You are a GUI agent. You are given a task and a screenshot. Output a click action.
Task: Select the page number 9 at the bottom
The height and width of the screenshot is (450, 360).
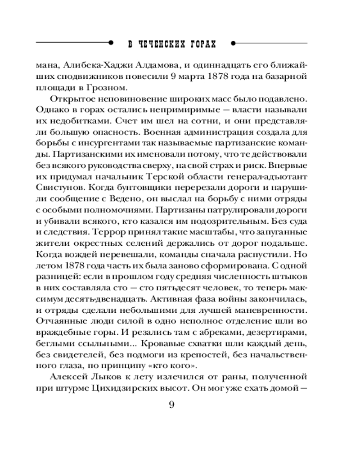pos(171,405)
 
